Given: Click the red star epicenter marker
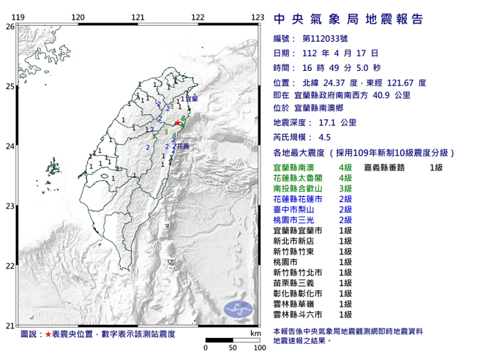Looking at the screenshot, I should pyautogui.click(x=176, y=124).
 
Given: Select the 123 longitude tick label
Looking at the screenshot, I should pyautogui.click(x=257, y=17).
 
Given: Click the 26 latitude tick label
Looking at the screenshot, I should pyautogui.click(x=10, y=26).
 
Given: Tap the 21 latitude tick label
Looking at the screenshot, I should pyautogui.click(x=10, y=326).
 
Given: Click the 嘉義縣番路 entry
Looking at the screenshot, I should pyautogui.click(x=386, y=168).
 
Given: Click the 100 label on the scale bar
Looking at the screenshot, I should pyautogui.click(x=258, y=348).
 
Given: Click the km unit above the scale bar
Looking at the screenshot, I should pyautogui.click(x=255, y=333).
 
